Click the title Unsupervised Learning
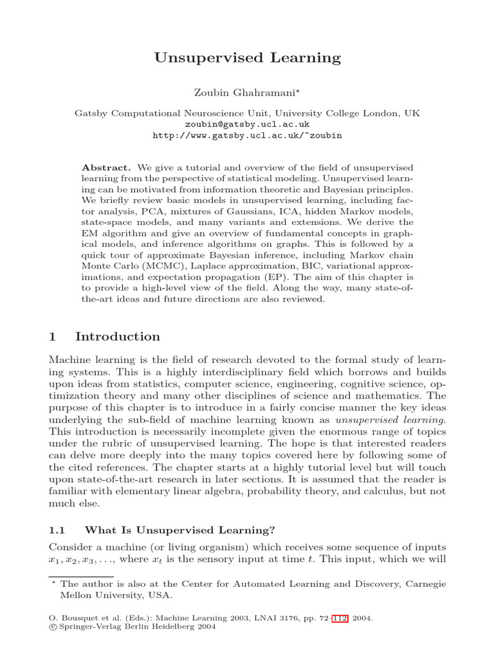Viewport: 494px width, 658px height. coord(247,58)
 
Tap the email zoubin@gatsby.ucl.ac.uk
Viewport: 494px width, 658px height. coord(247,124)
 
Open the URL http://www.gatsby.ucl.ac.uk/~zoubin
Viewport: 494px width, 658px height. coord(247,136)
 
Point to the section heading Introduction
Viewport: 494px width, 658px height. coord(118,337)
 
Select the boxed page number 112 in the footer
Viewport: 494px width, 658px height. coord(340,618)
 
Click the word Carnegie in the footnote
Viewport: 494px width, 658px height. coord(423,584)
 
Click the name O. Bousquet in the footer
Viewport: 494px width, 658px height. coord(70,618)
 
